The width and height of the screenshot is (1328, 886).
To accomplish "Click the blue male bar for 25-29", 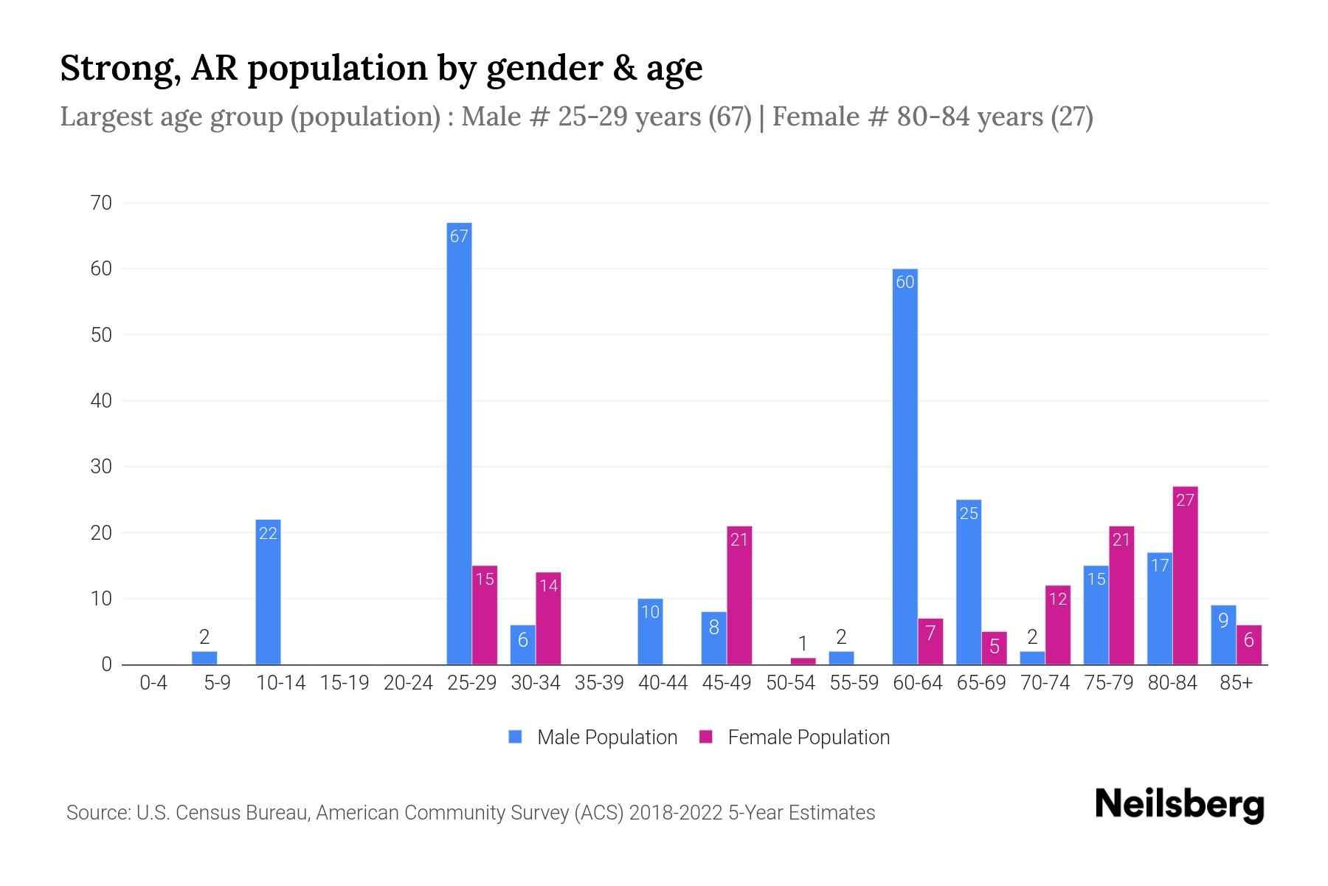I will pyautogui.click(x=459, y=443).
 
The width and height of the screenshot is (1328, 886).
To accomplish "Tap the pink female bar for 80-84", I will pyautogui.click(x=1185, y=576).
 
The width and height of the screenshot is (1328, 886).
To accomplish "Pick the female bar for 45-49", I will pyautogui.click(x=739, y=595).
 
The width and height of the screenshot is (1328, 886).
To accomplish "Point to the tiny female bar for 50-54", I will pyautogui.click(x=803, y=661).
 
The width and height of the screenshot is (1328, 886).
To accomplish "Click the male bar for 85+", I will pyautogui.click(x=1223, y=635).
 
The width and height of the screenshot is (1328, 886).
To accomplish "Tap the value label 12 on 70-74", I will pyautogui.click(x=1058, y=599).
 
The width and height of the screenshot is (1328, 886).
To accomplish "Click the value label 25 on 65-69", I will pyautogui.click(x=969, y=513).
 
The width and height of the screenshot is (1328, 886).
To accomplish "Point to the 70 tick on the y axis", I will pyautogui.click(x=101, y=203).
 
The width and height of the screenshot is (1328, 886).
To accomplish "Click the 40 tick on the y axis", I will pyautogui.click(x=101, y=401).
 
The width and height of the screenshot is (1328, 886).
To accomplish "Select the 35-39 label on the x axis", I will pyautogui.click(x=599, y=683).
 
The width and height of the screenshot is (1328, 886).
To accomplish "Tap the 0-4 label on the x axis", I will pyautogui.click(x=153, y=683).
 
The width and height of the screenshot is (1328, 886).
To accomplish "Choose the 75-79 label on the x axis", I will pyautogui.click(x=1108, y=683).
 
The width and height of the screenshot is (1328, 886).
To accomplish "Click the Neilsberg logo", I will pyautogui.click(x=1179, y=805).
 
